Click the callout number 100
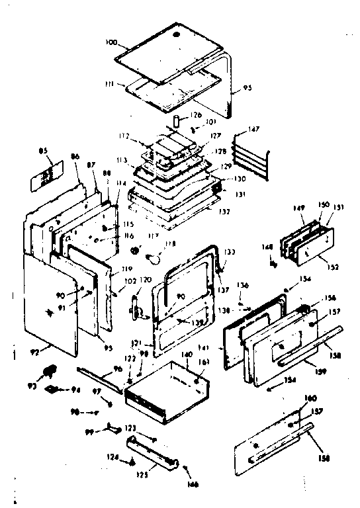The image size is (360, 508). click(x=111, y=42)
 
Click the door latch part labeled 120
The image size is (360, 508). click(x=136, y=306)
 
